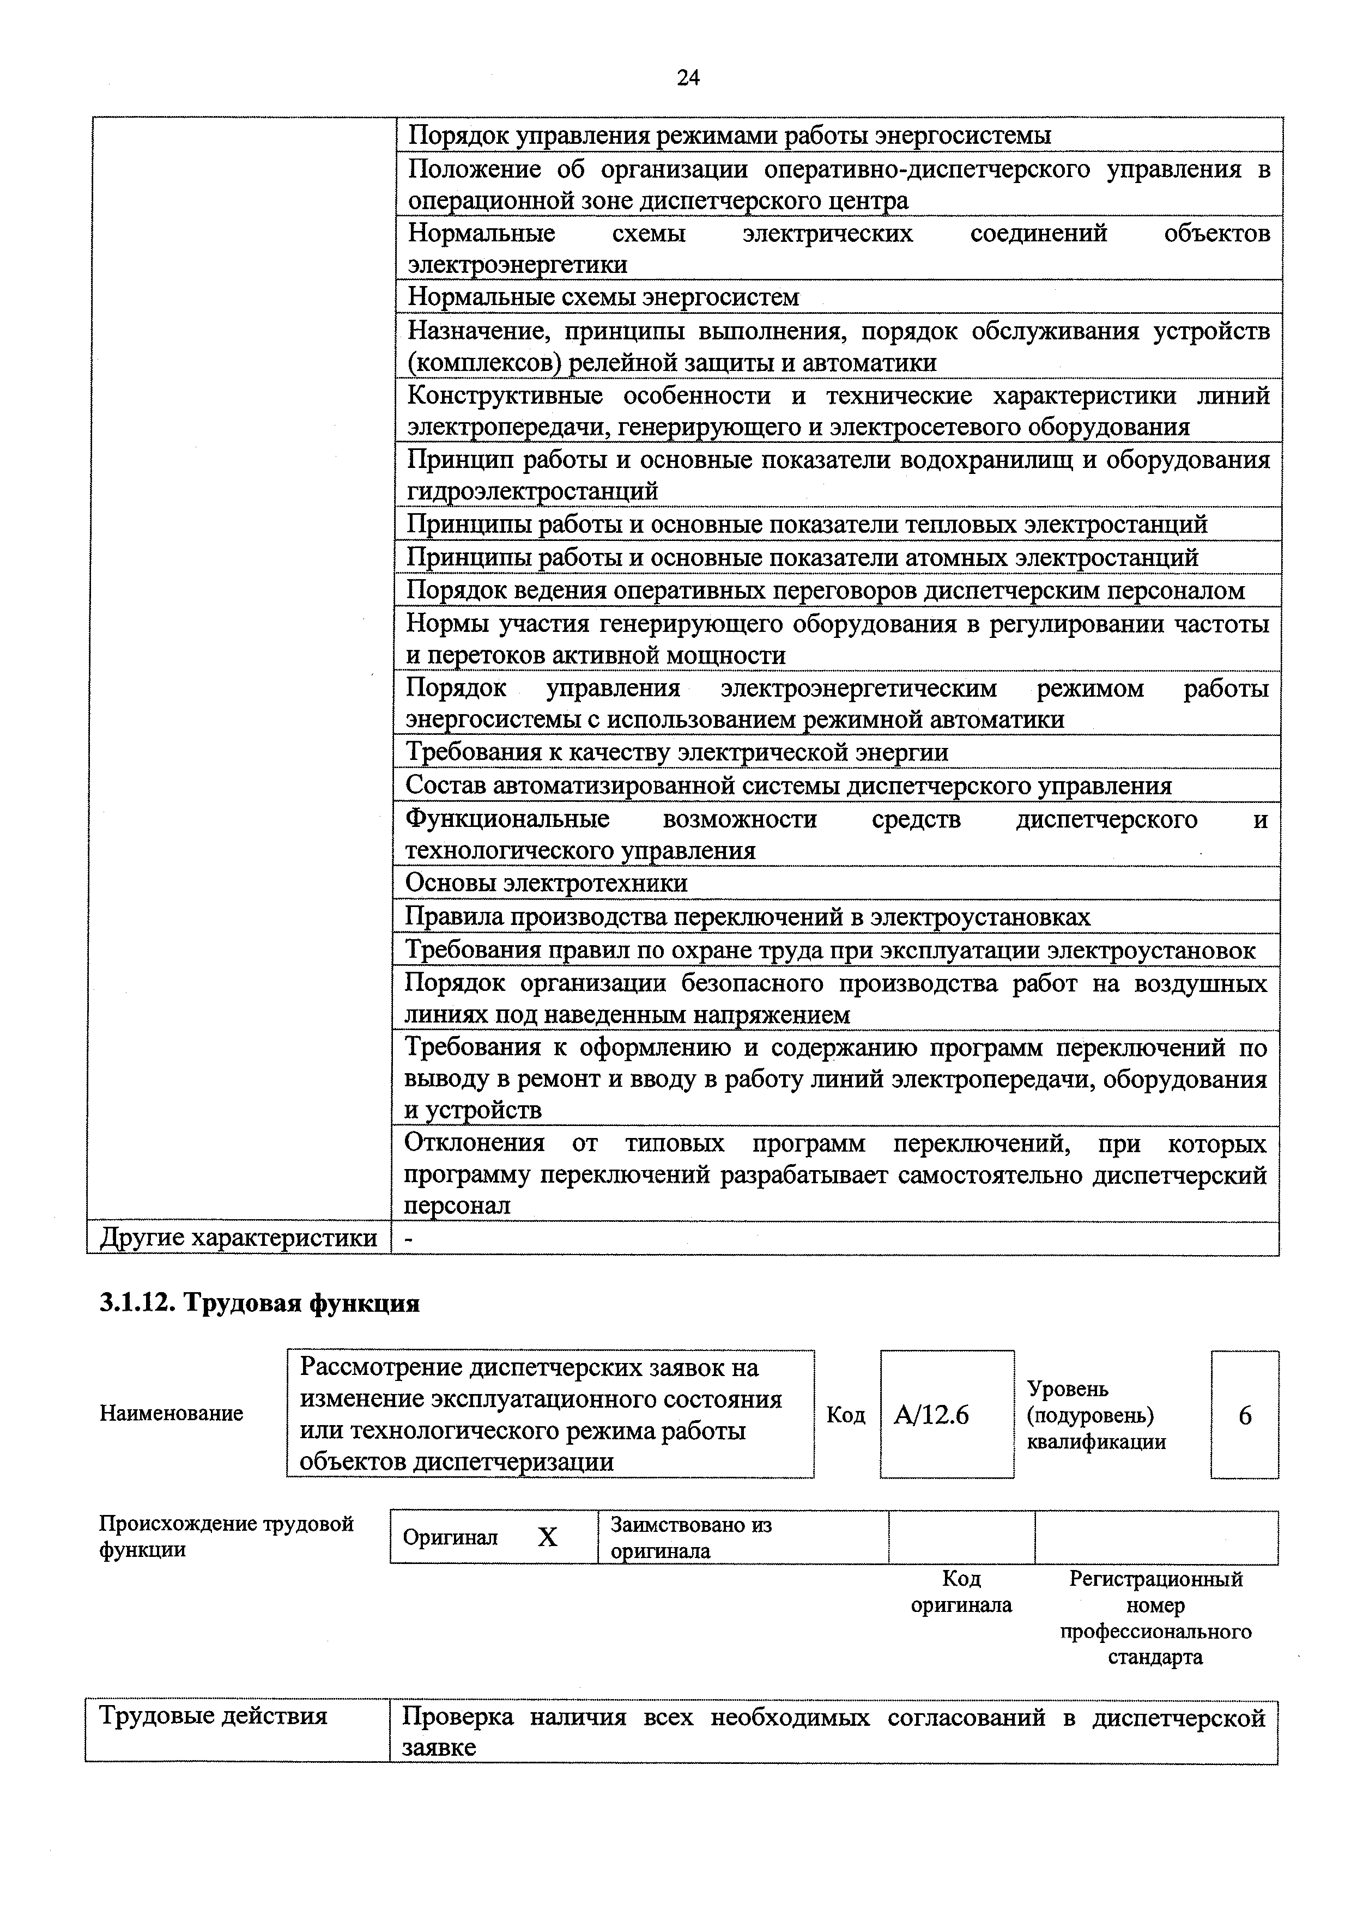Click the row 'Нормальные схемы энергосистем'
(x=603, y=297)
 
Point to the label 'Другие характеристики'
(x=238, y=1238)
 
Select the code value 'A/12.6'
(x=931, y=1415)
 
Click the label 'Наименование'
(x=171, y=1413)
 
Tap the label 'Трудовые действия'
(x=213, y=1715)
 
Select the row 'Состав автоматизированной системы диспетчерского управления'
(x=787, y=786)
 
